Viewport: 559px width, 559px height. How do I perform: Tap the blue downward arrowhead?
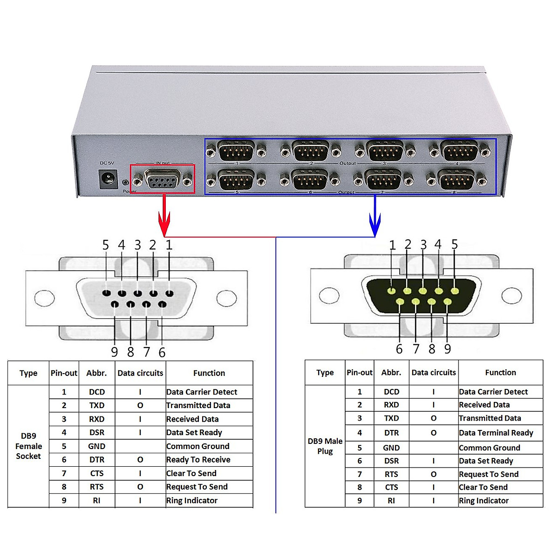click(375, 225)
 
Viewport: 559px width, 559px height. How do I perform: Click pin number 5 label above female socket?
click(106, 245)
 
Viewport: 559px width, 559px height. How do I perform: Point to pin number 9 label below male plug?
click(448, 349)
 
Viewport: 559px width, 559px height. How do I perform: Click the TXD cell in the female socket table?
click(97, 405)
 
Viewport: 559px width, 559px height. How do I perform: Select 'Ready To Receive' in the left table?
click(198, 460)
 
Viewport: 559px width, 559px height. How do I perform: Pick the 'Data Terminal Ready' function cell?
click(496, 433)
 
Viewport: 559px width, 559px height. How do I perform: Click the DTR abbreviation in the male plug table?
click(391, 433)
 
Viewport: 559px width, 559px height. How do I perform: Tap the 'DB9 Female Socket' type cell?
click(28, 446)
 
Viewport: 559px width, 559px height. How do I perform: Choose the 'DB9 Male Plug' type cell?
click(325, 446)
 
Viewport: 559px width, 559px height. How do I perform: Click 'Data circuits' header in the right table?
click(434, 373)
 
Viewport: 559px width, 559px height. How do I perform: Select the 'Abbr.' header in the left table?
click(96, 373)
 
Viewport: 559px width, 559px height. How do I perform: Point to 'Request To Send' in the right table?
click(489, 474)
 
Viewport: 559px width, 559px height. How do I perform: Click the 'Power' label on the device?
click(129, 191)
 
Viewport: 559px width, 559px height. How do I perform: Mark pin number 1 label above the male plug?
click(392, 245)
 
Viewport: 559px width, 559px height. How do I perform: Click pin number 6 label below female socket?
click(162, 353)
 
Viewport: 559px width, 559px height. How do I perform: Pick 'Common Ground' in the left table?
click(198, 446)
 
